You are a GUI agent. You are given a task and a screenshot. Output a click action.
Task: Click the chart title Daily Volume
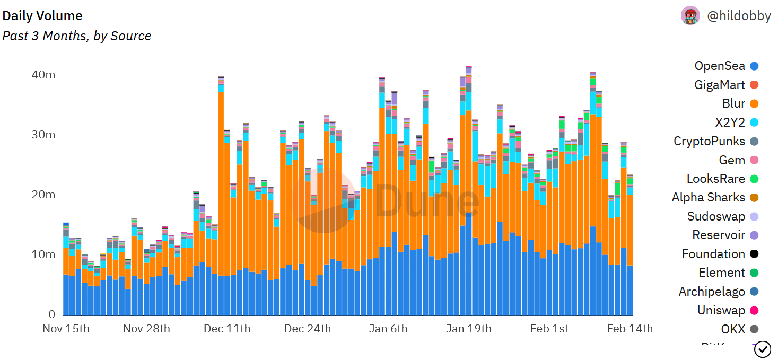point(42,16)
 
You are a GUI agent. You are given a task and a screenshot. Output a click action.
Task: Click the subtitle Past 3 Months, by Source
point(77,36)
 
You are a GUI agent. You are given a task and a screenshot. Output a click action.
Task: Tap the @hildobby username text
point(739,16)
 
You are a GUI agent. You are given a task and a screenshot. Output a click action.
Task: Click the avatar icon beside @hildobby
point(690,16)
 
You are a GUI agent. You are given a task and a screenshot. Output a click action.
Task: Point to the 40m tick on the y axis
point(43,75)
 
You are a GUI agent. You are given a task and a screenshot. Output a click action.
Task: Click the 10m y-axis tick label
point(43,255)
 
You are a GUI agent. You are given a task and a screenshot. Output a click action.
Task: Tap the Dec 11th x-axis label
point(227,329)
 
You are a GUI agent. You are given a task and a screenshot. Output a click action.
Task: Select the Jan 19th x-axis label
point(469,329)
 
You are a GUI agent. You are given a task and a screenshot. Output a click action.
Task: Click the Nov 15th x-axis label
point(66,329)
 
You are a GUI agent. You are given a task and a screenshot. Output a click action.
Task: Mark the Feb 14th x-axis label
point(630,329)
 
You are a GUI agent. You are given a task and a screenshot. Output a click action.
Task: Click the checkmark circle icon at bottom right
point(763,349)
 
